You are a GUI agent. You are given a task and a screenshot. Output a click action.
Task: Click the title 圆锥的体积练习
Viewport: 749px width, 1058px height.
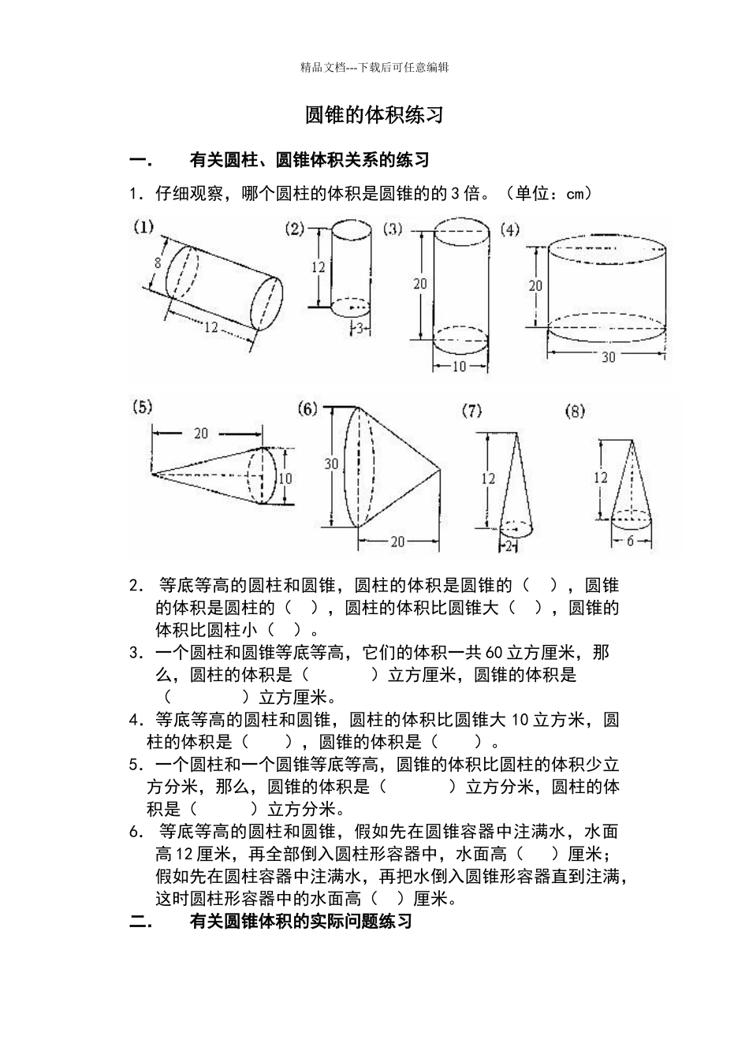(x=374, y=115)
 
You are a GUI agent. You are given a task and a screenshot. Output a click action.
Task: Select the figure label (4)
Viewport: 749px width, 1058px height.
(x=510, y=229)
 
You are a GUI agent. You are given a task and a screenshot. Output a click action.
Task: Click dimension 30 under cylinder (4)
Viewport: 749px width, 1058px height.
(x=608, y=357)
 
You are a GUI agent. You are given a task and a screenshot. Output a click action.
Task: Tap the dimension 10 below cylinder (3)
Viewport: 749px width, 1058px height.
(x=460, y=367)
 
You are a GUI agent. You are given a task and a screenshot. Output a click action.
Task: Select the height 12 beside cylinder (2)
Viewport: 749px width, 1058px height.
(x=318, y=267)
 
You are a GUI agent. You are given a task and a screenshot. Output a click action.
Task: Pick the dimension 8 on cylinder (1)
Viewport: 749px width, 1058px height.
(x=158, y=263)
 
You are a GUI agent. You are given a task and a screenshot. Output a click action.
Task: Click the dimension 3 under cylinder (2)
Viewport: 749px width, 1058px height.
(x=359, y=329)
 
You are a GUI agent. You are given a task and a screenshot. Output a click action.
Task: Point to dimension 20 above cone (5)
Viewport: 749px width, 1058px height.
(x=201, y=433)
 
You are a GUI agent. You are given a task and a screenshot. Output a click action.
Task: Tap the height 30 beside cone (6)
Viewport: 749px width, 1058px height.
(x=331, y=464)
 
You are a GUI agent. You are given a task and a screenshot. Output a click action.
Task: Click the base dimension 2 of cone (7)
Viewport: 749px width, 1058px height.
(x=509, y=546)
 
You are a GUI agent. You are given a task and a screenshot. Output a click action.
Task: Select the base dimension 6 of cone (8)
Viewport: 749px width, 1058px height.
(x=631, y=542)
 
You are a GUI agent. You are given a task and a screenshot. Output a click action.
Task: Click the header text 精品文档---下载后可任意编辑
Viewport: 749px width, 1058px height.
(x=374, y=68)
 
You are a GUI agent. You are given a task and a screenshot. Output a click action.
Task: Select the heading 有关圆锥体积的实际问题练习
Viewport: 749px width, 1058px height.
(x=300, y=921)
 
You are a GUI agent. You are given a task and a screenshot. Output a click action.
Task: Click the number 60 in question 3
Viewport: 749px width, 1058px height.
(x=494, y=653)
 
